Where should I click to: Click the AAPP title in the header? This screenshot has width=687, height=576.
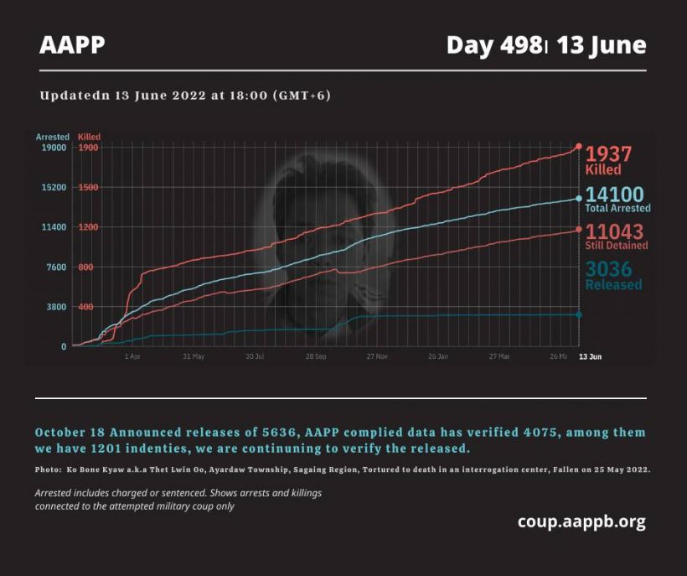pyautogui.click(x=72, y=45)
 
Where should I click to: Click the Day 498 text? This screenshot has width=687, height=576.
pyautogui.click(x=493, y=45)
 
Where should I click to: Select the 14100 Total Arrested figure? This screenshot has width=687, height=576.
pyautogui.click(x=615, y=195)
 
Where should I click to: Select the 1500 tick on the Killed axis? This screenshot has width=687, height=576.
pyautogui.click(x=88, y=188)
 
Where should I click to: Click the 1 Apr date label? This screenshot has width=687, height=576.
pyautogui.click(x=132, y=356)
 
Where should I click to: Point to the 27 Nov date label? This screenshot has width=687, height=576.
pyautogui.click(x=376, y=356)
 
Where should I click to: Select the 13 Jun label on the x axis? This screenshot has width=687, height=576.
pyautogui.click(x=591, y=356)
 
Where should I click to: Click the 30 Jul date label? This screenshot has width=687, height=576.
pyautogui.click(x=255, y=356)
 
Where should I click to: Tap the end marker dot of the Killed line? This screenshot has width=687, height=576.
pyautogui.click(x=578, y=147)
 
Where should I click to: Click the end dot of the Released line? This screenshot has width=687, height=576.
pyautogui.click(x=578, y=314)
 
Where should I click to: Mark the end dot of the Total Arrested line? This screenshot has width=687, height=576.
pyautogui.click(x=578, y=198)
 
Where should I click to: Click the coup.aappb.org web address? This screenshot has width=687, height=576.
pyautogui.click(x=581, y=522)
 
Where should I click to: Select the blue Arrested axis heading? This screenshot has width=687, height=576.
pyautogui.click(x=52, y=136)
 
